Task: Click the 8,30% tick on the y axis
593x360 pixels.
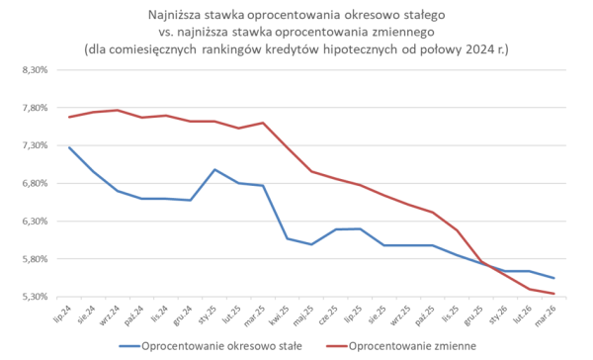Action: [x=35, y=70]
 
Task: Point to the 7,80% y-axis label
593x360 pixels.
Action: [x=35, y=108]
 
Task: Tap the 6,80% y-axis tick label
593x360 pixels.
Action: [x=35, y=183]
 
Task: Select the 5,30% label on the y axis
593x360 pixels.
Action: [x=35, y=297]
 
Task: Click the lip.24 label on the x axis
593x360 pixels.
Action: [x=65, y=314]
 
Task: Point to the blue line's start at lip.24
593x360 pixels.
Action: [x=70, y=147]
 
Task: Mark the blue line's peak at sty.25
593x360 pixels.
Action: [x=215, y=169]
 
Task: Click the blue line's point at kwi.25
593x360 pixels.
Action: [x=288, y=238]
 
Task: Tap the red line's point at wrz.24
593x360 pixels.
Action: [x=119, y=110]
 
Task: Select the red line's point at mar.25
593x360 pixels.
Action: [x=264, y=123]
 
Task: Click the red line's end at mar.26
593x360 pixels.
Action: [x=552, y=294]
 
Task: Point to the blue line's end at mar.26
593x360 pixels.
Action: [x=552, y=278]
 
